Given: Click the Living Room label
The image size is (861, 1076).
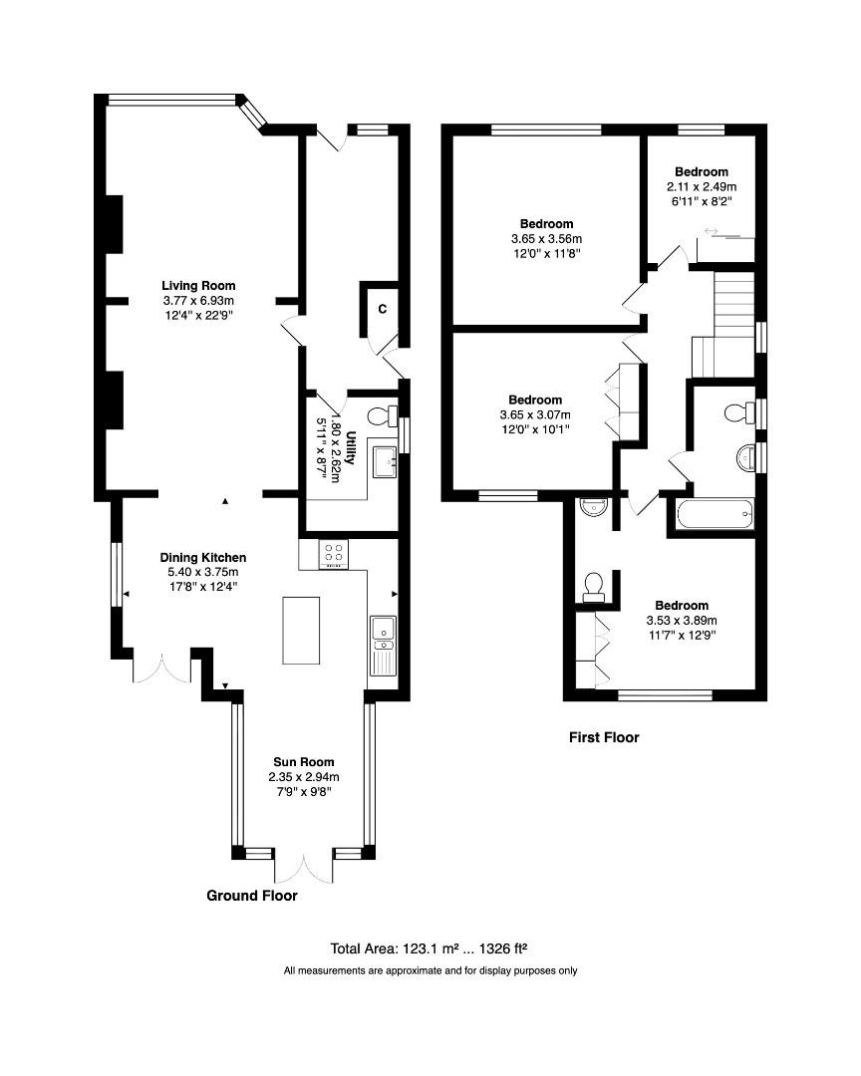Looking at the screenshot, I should (x=198, y=286).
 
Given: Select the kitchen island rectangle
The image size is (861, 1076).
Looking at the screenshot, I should (x=301, y=630).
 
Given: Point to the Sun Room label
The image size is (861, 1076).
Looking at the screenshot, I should (x=304, y=762).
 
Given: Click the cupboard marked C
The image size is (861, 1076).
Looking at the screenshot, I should (x=382, y=309).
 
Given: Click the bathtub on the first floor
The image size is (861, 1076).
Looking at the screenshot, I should (x=714, y=516).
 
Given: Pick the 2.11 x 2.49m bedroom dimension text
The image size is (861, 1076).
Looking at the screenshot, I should (x=701, y=186).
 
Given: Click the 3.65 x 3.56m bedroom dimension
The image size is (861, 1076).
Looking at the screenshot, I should (x=546, y=239).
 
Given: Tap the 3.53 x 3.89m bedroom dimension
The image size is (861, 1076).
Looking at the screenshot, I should (x=681, y=621).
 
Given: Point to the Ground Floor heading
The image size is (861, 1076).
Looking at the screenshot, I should (x=251, y=896).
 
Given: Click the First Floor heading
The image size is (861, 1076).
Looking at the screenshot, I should (x=603, y=738).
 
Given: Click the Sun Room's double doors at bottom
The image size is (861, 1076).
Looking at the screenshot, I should (x=303, y=867).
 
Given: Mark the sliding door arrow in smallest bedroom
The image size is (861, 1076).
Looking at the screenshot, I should (x=712, y=231).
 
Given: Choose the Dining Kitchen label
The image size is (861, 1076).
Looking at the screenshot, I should (x=203, y=557).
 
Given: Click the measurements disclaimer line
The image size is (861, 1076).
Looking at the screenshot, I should (x=430, y=970).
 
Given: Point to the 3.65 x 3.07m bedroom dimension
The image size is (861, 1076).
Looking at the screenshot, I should (x=546, y=415).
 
